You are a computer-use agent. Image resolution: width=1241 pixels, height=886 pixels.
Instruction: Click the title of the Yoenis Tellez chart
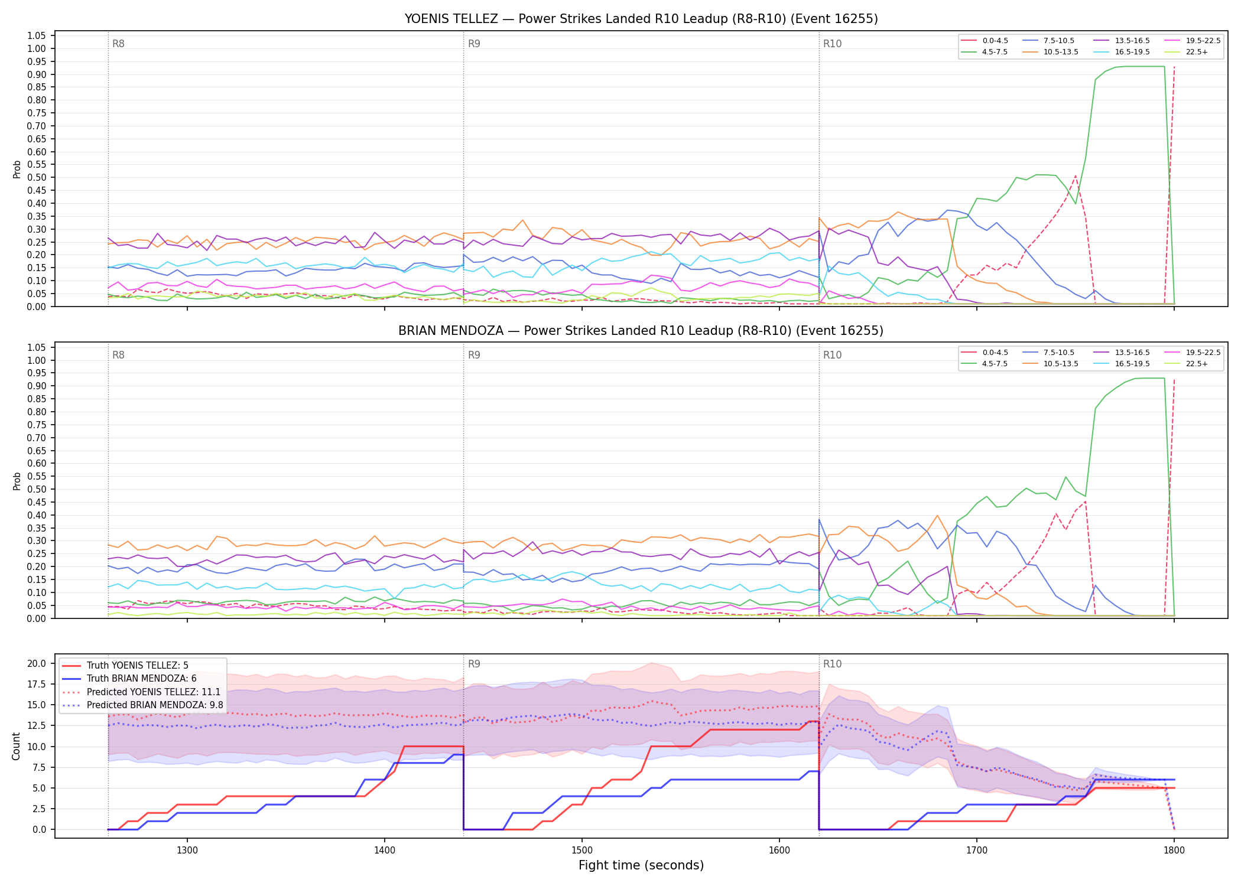641,19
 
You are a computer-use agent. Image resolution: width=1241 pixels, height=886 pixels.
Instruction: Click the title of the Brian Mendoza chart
641,331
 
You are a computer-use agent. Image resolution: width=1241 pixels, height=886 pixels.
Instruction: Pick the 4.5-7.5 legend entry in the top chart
985,52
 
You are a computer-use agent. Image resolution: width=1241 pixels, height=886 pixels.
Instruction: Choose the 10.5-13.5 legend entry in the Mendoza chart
1051,364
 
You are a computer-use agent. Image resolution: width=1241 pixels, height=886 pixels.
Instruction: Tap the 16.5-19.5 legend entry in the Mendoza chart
1122,364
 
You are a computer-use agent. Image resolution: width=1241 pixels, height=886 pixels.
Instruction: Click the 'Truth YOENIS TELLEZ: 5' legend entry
125,666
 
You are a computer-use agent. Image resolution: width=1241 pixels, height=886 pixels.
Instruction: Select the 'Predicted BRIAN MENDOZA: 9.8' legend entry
142,705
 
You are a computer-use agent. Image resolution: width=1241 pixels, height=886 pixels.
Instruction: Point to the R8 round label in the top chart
118,44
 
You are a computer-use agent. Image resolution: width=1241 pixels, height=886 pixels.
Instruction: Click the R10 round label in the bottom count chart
832,664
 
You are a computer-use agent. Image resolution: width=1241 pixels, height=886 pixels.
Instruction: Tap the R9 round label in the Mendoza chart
474,355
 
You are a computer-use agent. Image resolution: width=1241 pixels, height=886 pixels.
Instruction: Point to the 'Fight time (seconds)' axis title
641,865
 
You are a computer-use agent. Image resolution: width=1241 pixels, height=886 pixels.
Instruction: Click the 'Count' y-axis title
17,746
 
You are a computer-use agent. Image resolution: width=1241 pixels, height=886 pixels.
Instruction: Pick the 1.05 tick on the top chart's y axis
37,36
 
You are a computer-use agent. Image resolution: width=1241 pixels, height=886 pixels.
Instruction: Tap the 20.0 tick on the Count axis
37,663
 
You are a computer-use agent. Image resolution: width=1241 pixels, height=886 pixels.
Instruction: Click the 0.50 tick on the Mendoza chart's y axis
37,489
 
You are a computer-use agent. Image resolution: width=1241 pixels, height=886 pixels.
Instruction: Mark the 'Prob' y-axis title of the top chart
17,169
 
